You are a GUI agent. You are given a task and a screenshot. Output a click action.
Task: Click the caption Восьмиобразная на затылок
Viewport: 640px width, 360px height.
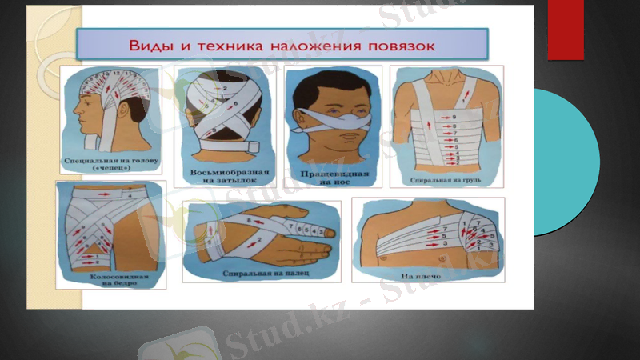pyautogui.click(x=224, y=175)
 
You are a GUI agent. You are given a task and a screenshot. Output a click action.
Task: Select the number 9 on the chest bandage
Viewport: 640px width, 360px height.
pyautogui.click(x=454, y=118)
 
